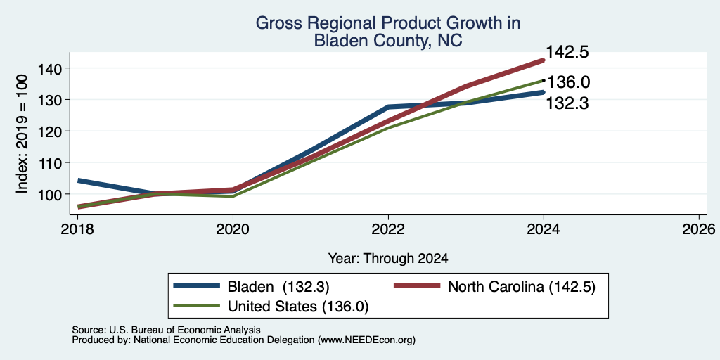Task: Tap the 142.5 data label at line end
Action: point(567,52)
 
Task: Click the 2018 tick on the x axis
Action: point(77,229)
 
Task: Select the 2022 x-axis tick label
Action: point(388,229)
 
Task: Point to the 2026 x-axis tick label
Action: point(700,229)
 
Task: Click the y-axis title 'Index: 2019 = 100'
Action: point(22,134)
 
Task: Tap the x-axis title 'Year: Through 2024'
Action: point(388,259)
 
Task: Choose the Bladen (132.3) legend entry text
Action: point(278,287)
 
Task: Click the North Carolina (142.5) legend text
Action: point(522,287)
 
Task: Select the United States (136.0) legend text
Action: point(298,307)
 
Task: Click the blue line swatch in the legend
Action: point(197,286)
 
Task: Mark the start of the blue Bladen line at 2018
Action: point(78,181)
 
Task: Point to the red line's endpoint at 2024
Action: point(544,60)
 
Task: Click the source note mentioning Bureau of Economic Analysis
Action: point(166,330)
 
